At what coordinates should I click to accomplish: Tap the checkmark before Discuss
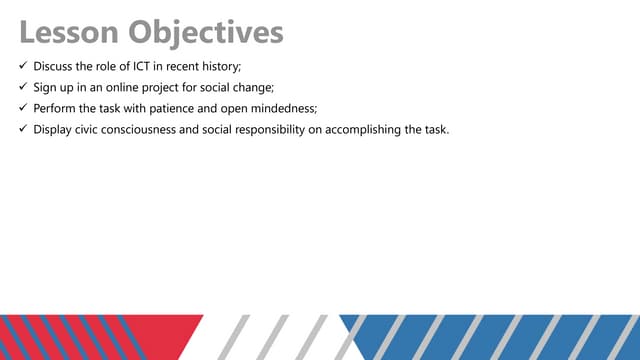(23, 66)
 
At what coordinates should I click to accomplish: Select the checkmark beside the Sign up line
(23, 87)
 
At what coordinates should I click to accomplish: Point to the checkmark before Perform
(23, 108)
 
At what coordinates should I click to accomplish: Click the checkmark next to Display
(23, 129)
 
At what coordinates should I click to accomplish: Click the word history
(220, 66)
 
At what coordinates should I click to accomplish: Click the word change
(265, 87)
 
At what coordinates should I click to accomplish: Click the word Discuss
(54, 66)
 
